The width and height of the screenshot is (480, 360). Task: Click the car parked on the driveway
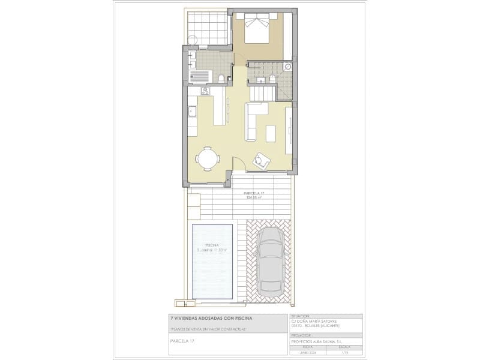(x=271, y=263)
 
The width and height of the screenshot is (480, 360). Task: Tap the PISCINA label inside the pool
(x=211, y=245)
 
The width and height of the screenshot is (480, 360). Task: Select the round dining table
(x=208, y=159)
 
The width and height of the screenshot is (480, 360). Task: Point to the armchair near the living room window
(x=262, y=159)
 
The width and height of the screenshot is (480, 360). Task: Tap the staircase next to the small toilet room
(x=262, y=94)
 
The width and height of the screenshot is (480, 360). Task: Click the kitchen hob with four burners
(x=205, y=91)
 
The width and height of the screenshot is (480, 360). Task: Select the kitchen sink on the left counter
(x=193, y=111)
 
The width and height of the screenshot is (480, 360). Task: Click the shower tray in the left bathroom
(x=200, y=77)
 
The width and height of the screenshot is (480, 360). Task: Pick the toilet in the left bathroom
(x=221, y=78)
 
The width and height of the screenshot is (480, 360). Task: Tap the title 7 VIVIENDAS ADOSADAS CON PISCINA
(x=210, y=317)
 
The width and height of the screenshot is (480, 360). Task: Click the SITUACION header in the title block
(x=300, y=316)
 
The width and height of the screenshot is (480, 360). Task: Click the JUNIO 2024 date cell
(x=308, y=353)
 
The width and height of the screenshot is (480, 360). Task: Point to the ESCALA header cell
(x=344, y=347)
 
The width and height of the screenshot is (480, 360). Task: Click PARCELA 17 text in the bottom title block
(x=184, y=341)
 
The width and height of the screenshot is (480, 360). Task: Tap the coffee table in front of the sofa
(x=271, y=133)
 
